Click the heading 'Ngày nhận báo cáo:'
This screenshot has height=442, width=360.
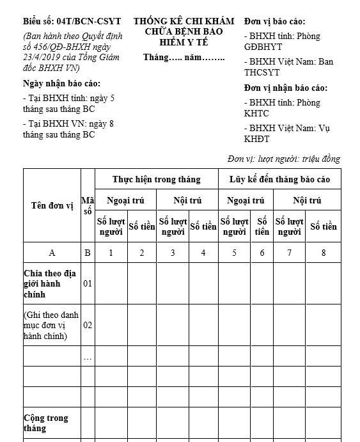(61, 84)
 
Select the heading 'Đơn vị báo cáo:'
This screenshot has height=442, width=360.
(275, 21)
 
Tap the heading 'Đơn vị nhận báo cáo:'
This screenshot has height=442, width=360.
(286, 88)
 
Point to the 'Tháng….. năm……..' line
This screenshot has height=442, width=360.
(184, 58)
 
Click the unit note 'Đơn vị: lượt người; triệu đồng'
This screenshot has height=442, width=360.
(284, 159)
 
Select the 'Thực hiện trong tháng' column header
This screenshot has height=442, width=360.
(156, 179)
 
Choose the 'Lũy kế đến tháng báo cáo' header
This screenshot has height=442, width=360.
(279, 179)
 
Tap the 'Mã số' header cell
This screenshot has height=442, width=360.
(88, 205)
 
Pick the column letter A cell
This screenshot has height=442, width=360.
(52, 253)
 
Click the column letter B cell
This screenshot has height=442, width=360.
(88, 253)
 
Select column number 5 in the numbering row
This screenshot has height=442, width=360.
(234, 253)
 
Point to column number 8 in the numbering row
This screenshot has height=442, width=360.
(324, 253)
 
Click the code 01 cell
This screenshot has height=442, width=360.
(88, 283)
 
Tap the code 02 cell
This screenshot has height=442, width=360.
(88, 325)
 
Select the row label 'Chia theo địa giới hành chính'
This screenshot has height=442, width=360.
(50, 283)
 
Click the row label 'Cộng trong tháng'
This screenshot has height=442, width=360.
(46, 423)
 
